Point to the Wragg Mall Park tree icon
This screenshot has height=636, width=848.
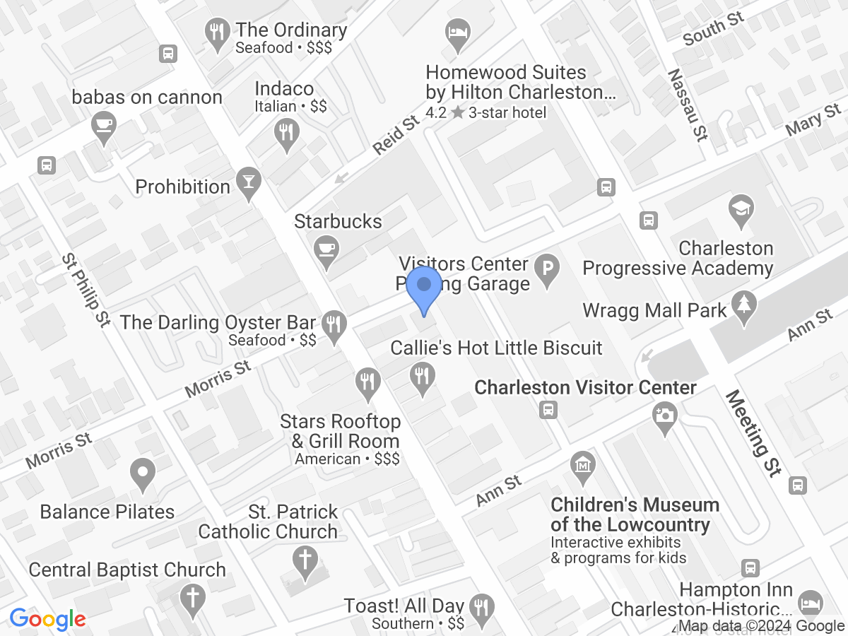[x=743, y=307]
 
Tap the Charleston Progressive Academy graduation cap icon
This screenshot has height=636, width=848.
[x=741, y=211]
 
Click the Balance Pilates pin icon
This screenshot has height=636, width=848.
[x=143, y=474]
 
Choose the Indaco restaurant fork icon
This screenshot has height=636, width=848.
[x=286, y=134]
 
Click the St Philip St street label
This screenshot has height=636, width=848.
[x=86, y=290]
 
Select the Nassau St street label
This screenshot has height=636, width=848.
[x=688, y=105]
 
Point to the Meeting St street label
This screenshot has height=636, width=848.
[x=754, y=432]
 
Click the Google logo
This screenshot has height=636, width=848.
[x=47, y=620]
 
